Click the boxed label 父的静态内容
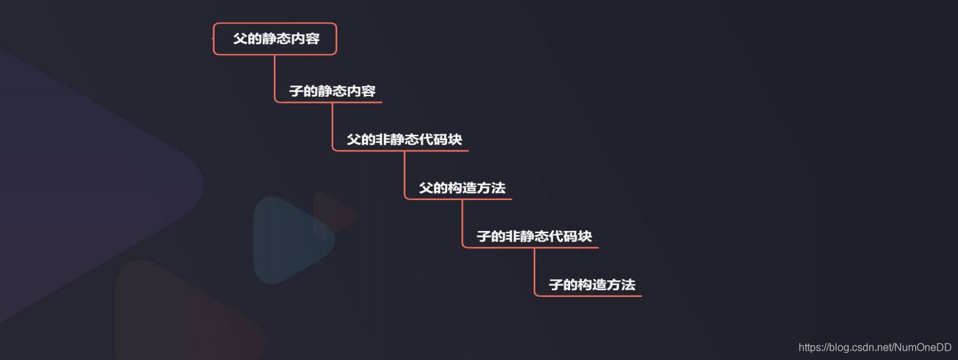[275, 39]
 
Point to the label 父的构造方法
[462, 188]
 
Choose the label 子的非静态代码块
[534, 236]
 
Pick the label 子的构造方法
[592, 285]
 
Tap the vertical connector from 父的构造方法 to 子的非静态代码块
[462, 222]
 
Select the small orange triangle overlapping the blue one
[331, 215]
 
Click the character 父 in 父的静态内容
[239, 39]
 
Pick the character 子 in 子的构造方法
[555, 285]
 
